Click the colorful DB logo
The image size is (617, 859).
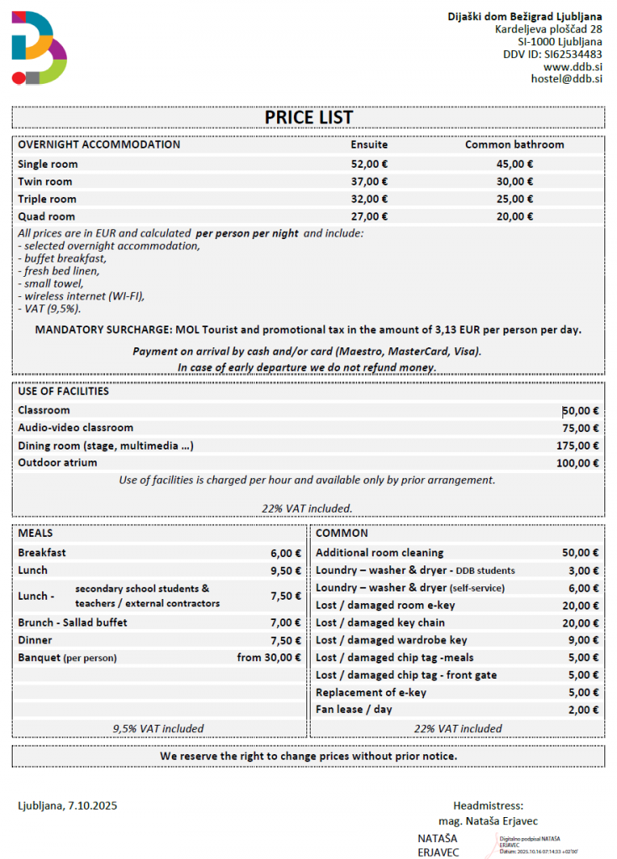click(x=39, y=48)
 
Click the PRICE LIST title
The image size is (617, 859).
click(x=308, y=117)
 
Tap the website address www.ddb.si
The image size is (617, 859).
click(x=573, y=66)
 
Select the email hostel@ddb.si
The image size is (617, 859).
click(x=567, y=79)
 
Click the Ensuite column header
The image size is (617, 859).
click(x=369, y=144)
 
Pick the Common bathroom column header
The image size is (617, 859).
click(x=515, y=144)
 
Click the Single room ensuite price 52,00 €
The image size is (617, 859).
click(x=369, y=164)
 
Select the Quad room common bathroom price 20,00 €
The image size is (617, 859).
click(x=515, y=216)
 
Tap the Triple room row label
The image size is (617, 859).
click(x=47, y=199)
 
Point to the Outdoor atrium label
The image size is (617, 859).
click(x=57, y=462)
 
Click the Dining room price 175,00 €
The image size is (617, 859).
click(x=578, y=445)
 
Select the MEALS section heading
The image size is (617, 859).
click(x=35, y=533)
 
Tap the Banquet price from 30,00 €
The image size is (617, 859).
click(x=269, y=658)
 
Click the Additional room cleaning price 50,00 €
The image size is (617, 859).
click(x=580, y=553)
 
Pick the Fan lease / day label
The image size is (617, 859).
click(x=353, y=710)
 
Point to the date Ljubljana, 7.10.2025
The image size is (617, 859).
click(x=67, y=806)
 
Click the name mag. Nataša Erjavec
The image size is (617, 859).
click(x=488, y=820)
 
